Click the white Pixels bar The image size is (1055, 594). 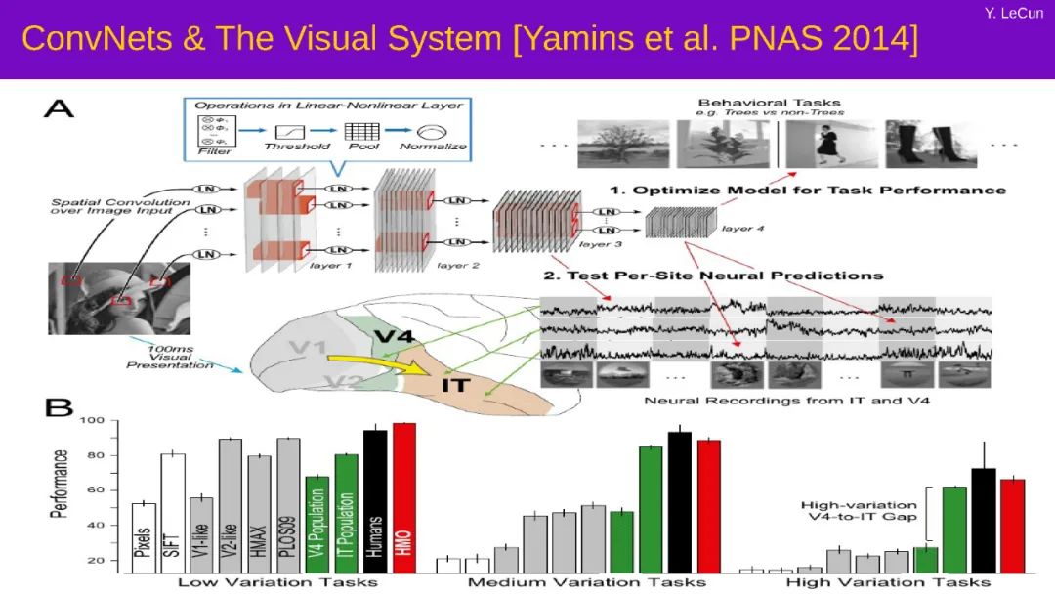coord(145,537)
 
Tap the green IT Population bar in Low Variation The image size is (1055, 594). coord(346,513)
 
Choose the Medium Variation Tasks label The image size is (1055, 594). coord(586,582)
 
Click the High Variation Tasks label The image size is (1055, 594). coord(893,582)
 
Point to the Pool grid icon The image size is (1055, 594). coord(360,129)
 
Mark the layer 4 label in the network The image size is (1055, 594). coord(736,229)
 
